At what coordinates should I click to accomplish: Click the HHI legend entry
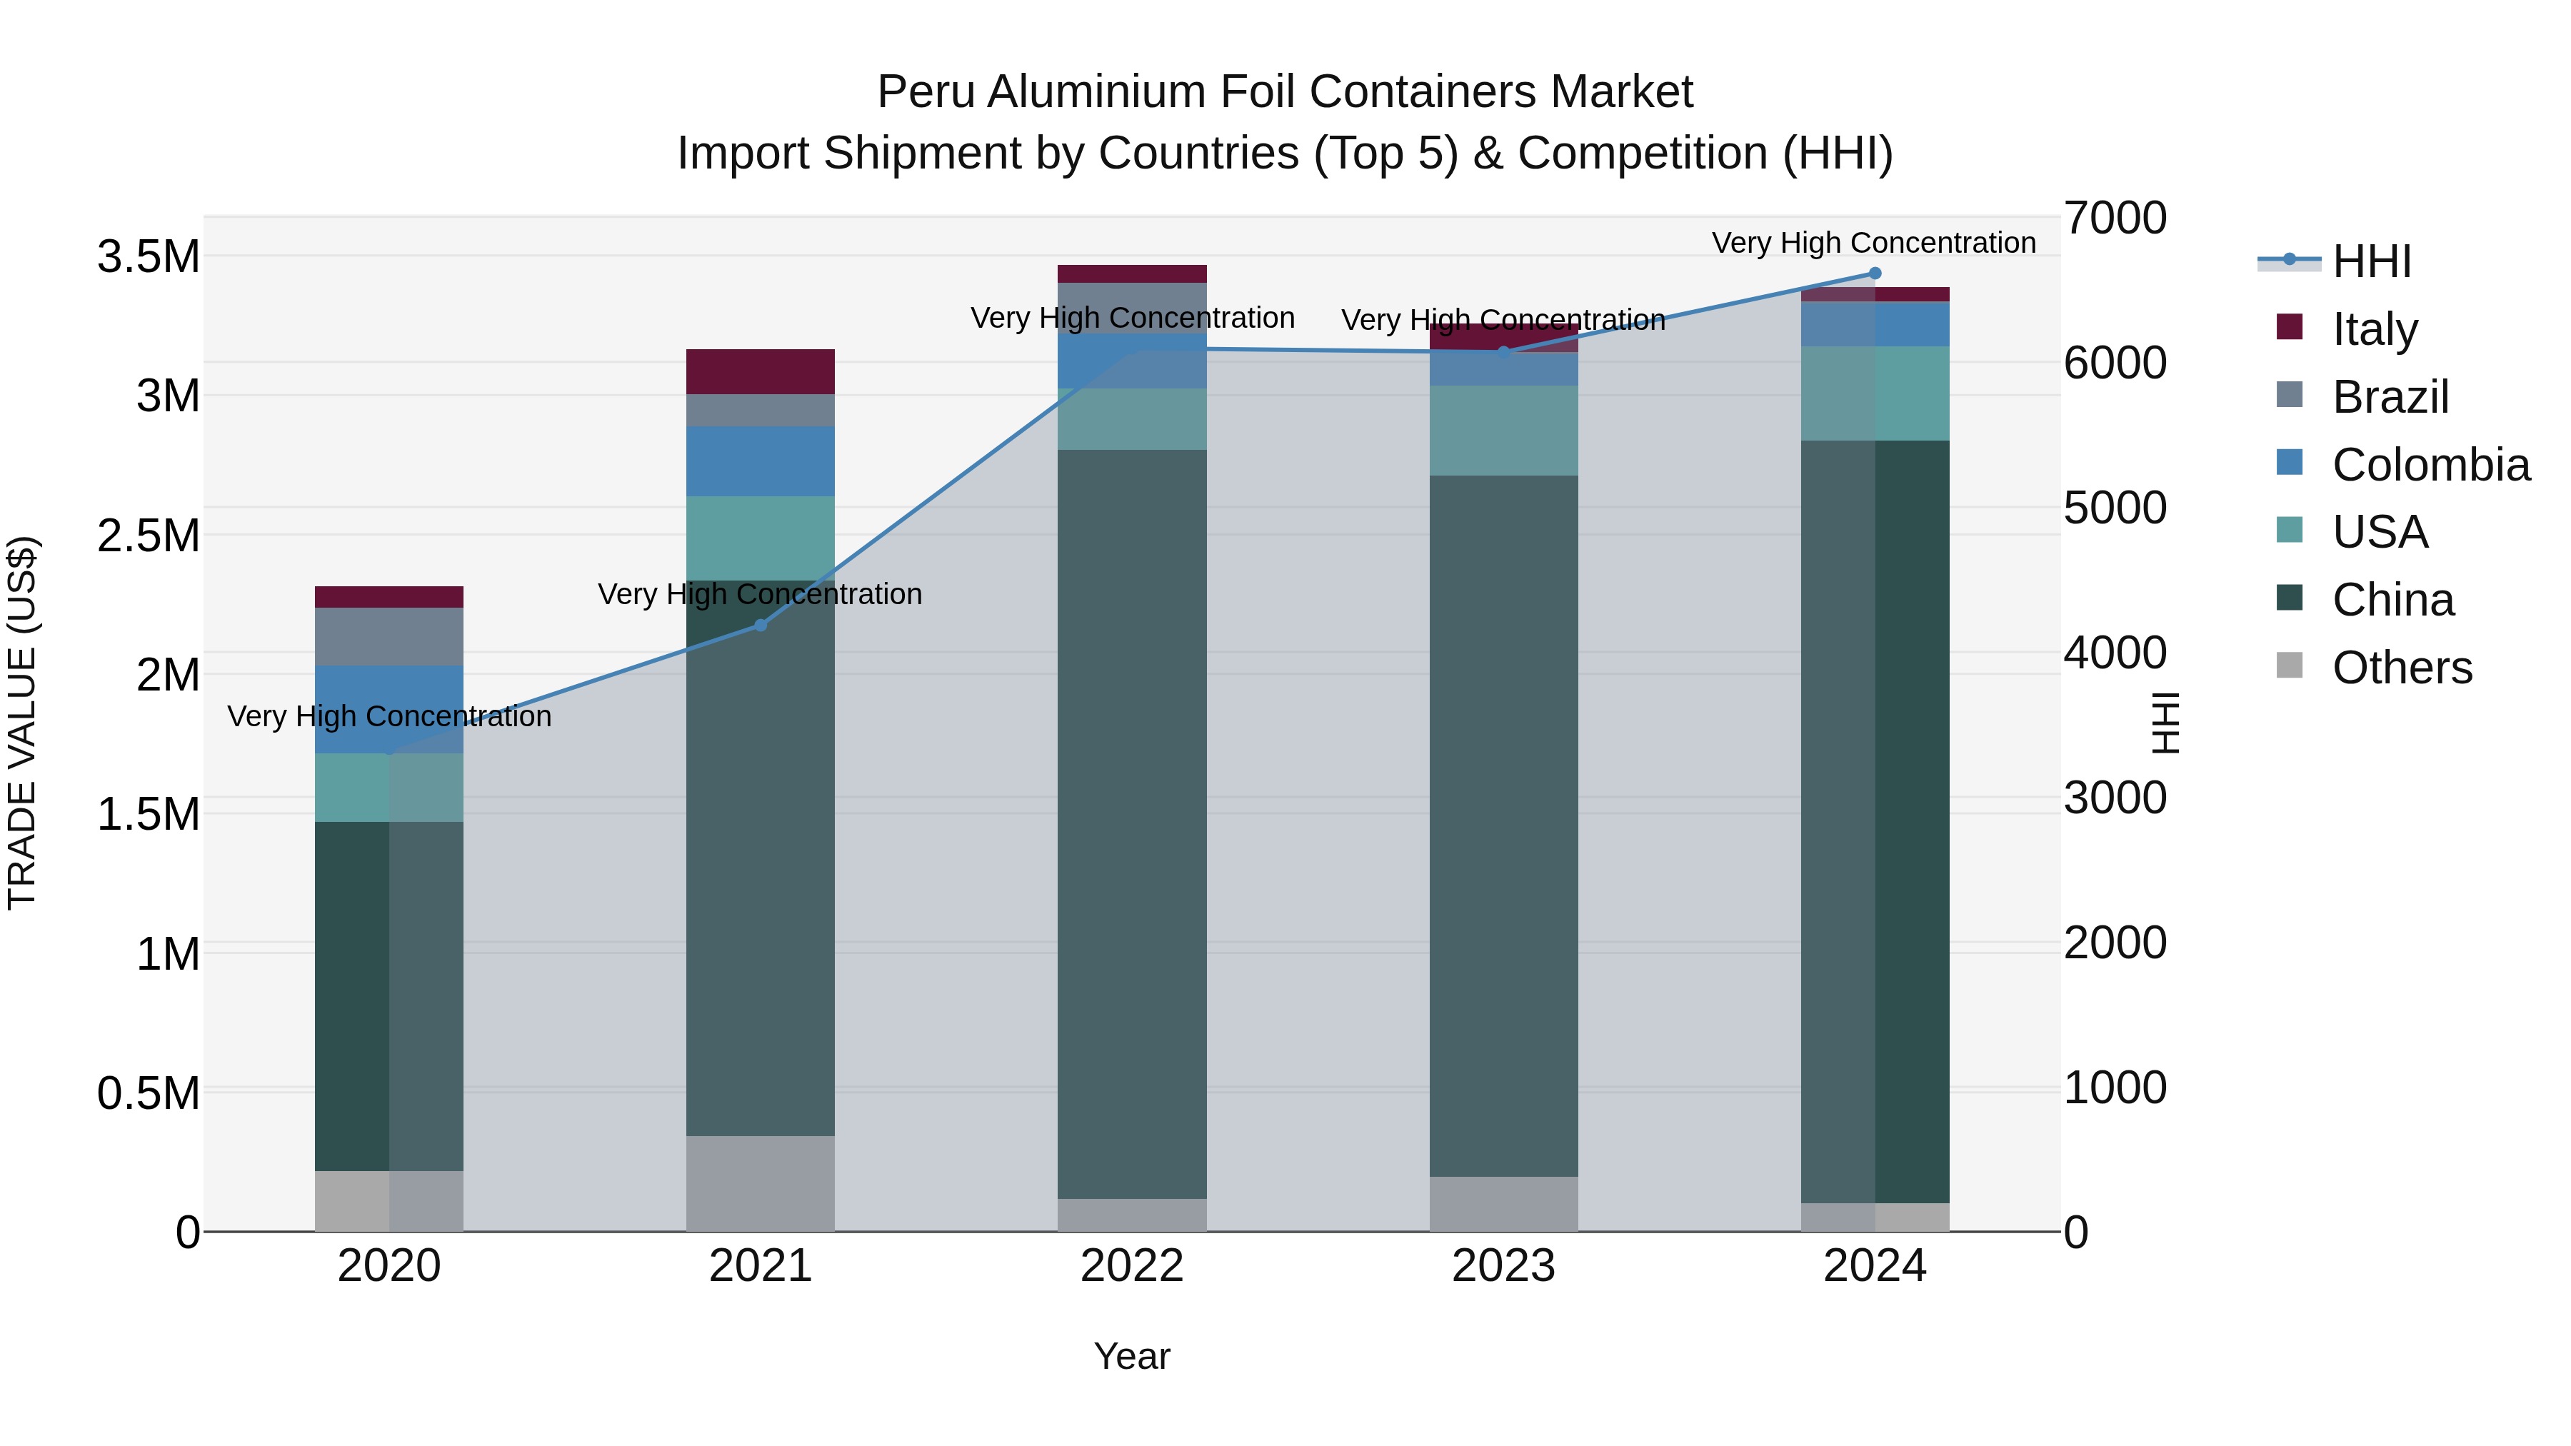tap(2371, 261)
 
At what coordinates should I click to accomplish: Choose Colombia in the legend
tap(2430, 465)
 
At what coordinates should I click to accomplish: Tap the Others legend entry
tap(2401, 668)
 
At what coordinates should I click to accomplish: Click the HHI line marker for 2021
tap(761, 625)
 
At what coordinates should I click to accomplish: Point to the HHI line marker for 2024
tap(1875, 273)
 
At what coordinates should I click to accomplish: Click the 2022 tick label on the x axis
tap(1132, 1266)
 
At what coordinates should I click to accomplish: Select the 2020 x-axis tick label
tap(389, 1266)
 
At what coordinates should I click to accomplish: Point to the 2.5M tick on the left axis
tap(149, 536)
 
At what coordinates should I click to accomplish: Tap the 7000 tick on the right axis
tap(2115, 219)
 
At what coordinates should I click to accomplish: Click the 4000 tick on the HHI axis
tap(2115, 653)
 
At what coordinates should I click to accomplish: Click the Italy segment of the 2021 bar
tap(761, 371)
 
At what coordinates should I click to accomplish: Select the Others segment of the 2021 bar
tap(761, 1183)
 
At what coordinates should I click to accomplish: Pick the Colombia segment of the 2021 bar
tap(761, 461)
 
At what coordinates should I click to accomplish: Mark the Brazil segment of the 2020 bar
tap(389, 637)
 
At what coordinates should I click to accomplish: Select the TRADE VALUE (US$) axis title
tap(22, 723)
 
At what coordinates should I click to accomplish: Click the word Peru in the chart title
tap(926, 92)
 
